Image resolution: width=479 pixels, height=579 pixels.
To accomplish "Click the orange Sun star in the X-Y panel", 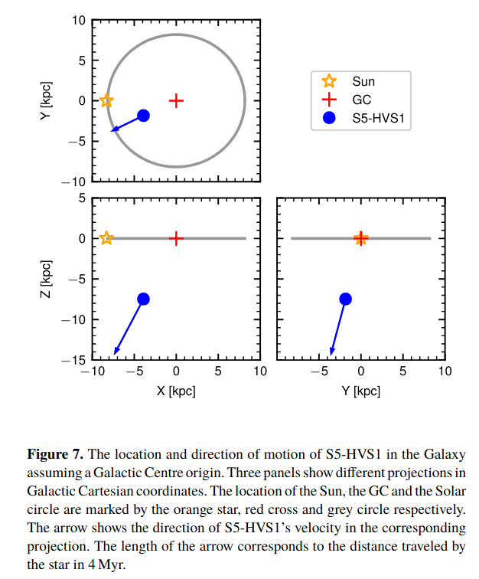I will click(106, 100).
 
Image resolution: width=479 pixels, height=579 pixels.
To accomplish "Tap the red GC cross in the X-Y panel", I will click(176, 100).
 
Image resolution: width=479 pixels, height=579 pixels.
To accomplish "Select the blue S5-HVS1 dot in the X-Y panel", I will click(143, 116).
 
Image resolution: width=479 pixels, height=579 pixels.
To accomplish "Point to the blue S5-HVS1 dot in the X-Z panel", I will click(143, 299).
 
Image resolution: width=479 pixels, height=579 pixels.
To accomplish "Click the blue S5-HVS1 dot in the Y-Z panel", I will click(345, 299).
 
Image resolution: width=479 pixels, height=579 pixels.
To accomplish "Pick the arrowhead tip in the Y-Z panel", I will click(331, 355).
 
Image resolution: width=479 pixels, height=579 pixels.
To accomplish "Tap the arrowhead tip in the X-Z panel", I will click(115, 355).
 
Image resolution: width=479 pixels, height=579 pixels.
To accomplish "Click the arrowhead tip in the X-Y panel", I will click(111, 131).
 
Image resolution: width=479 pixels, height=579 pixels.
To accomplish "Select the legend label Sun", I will click(363, 81).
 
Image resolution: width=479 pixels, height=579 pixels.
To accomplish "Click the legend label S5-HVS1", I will click(377, 118).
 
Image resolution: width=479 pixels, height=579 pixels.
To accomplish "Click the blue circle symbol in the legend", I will click(329, 118).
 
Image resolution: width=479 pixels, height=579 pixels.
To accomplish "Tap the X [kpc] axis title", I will click(176, 391).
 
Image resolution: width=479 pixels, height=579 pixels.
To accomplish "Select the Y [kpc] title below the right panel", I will click(360, 391).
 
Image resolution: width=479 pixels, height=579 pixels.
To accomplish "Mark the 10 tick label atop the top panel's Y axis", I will click(79, 21).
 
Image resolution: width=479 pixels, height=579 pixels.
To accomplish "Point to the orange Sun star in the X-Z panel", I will click(106, 238).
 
